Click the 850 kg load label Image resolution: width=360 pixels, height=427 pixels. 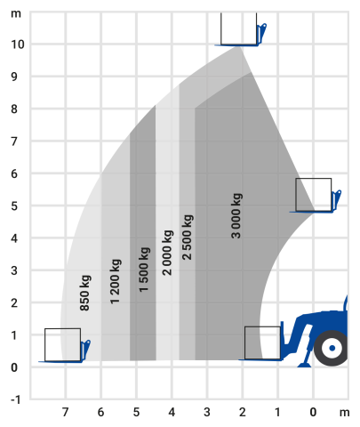[85, 293]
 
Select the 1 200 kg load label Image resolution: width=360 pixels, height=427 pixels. [116, 281]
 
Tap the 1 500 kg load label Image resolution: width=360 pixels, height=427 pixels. [144, 270]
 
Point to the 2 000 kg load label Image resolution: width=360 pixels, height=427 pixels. [167, 253]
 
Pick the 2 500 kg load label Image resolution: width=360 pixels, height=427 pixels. [188, 238]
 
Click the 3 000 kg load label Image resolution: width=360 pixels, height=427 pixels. [236, 216]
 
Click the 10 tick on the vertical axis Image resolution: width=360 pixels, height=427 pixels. [17, 44]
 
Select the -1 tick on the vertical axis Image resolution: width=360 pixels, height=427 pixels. [16, 399]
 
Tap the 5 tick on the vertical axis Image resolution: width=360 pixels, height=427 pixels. [14, 205]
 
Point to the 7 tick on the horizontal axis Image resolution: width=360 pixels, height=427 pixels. [65, 412]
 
